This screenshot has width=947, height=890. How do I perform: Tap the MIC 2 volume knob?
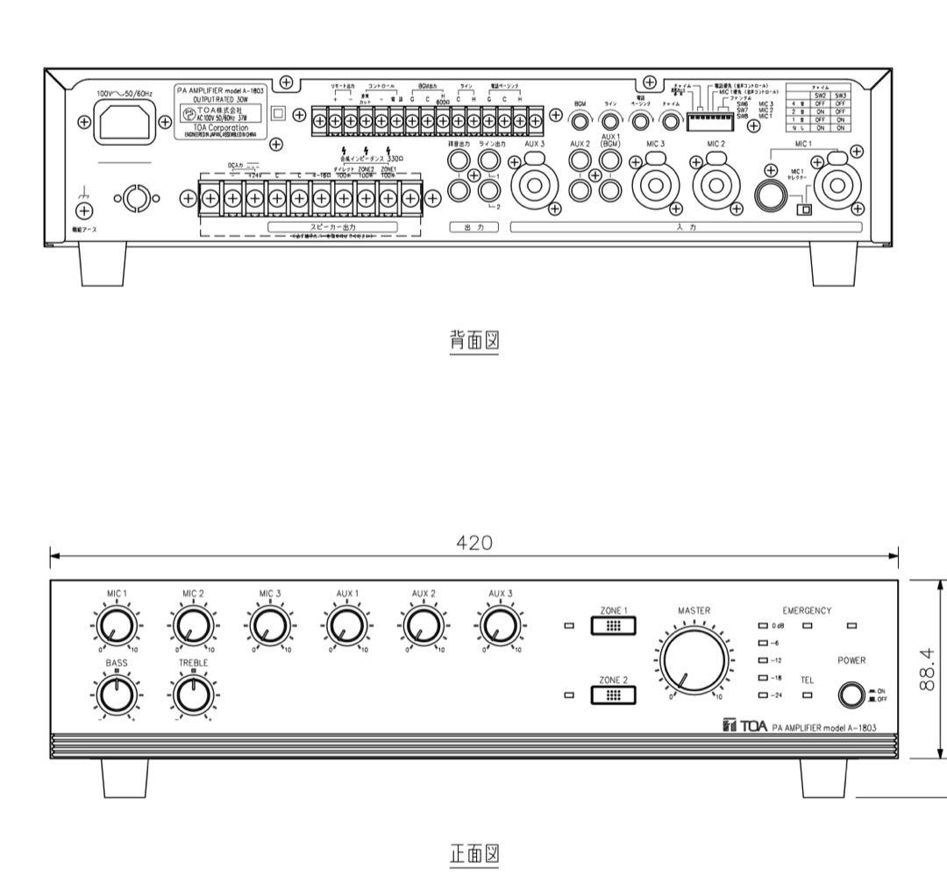coord(189,628)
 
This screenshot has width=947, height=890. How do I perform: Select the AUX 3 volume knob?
coord(496,628)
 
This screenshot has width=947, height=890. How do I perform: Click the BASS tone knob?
coord(114,696)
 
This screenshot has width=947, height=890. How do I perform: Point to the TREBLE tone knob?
coord(190,696)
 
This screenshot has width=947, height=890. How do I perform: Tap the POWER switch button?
coord(850,696)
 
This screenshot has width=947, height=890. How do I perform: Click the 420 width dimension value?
coord(474,543)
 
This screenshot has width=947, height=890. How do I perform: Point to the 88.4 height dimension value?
coord(928,670)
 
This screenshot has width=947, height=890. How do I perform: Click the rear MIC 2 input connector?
coord(715,187)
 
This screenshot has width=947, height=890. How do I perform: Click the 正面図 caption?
coord(473,853)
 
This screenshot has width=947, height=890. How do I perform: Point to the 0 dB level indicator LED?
coord(764,626)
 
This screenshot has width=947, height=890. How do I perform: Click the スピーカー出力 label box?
coord(333,226)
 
